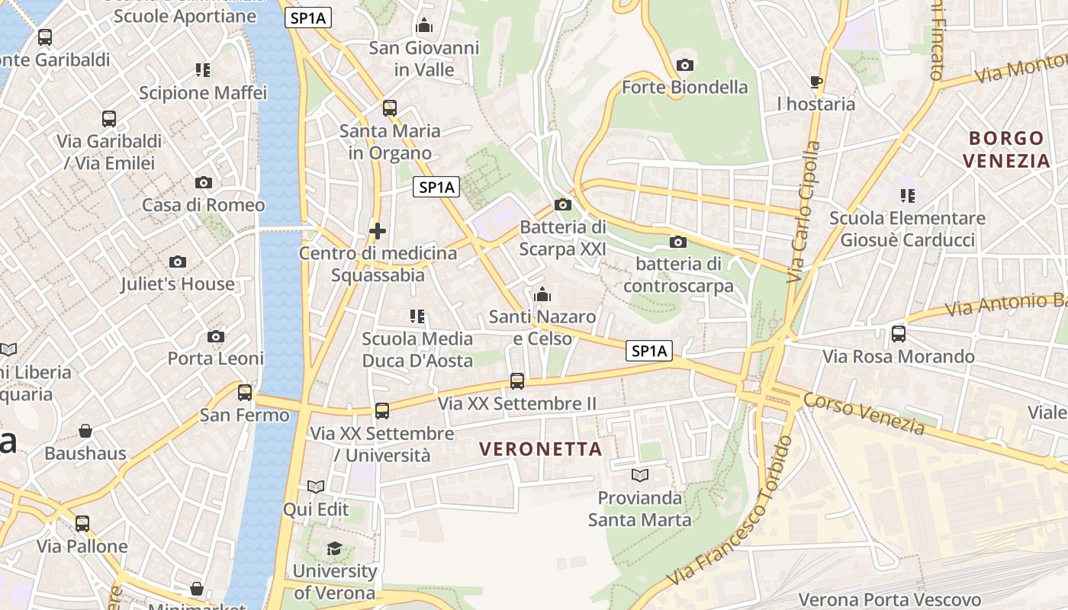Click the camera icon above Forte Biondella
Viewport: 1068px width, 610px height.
tap(685, 65)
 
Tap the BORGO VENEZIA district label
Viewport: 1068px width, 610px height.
tap(1006, 149)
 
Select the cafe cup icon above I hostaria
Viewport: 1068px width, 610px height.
tap(815, 82)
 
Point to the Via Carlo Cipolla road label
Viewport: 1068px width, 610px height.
tap(804, 212)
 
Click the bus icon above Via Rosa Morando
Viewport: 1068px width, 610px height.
tap(899, 334)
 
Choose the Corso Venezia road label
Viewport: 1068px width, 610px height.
tap(864, 414)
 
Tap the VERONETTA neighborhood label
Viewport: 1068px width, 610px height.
tap(542, 449)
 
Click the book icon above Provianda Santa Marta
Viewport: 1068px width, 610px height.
tap(639, 475)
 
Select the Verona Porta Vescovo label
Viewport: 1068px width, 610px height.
tap(889, 599)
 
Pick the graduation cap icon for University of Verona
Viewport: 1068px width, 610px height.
tap(334, 548)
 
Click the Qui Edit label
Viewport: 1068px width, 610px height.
tap(316, 509)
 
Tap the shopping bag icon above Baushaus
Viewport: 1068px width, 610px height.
tap(85, 431)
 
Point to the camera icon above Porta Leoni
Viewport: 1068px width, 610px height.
tap(216, 336)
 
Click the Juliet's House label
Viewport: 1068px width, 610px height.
tap(178, 284)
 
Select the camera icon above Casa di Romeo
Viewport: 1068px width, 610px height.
tap(203, 182)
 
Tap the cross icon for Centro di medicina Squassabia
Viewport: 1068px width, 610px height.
tap(377, 230)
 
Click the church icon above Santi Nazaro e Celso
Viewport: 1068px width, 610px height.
tap(542, 294)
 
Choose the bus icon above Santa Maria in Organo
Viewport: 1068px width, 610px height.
tap(390, 108)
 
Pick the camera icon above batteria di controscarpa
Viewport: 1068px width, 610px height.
tap(677, 242)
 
